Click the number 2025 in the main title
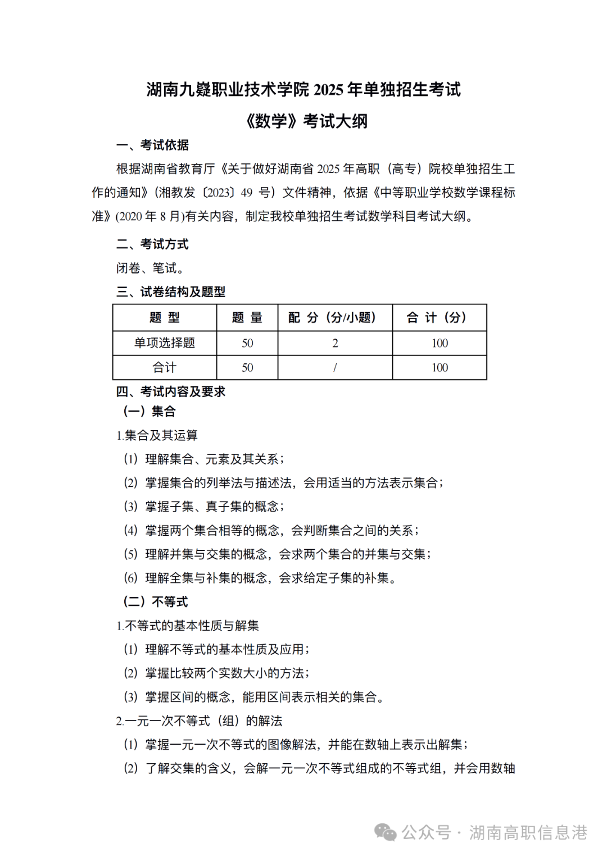point(329,90)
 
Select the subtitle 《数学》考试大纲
point(306,121)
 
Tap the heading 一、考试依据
point(152,145)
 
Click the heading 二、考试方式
point(152,244)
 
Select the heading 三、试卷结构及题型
point(171,292)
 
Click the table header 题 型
point(165,318)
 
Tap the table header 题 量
point(247,318)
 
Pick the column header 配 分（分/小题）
point(335,318)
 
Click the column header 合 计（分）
point(440,318)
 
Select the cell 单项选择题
point(165,343)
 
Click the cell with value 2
point(335,343)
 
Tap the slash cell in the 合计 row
point(335,368)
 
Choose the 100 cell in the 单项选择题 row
point(440,343)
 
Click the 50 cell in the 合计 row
point(247,368)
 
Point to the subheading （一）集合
point(150,412)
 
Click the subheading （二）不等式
point(156,602)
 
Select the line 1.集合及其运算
point(157,436)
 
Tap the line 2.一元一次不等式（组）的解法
point(199,721)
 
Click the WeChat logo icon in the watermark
point(386,833)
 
